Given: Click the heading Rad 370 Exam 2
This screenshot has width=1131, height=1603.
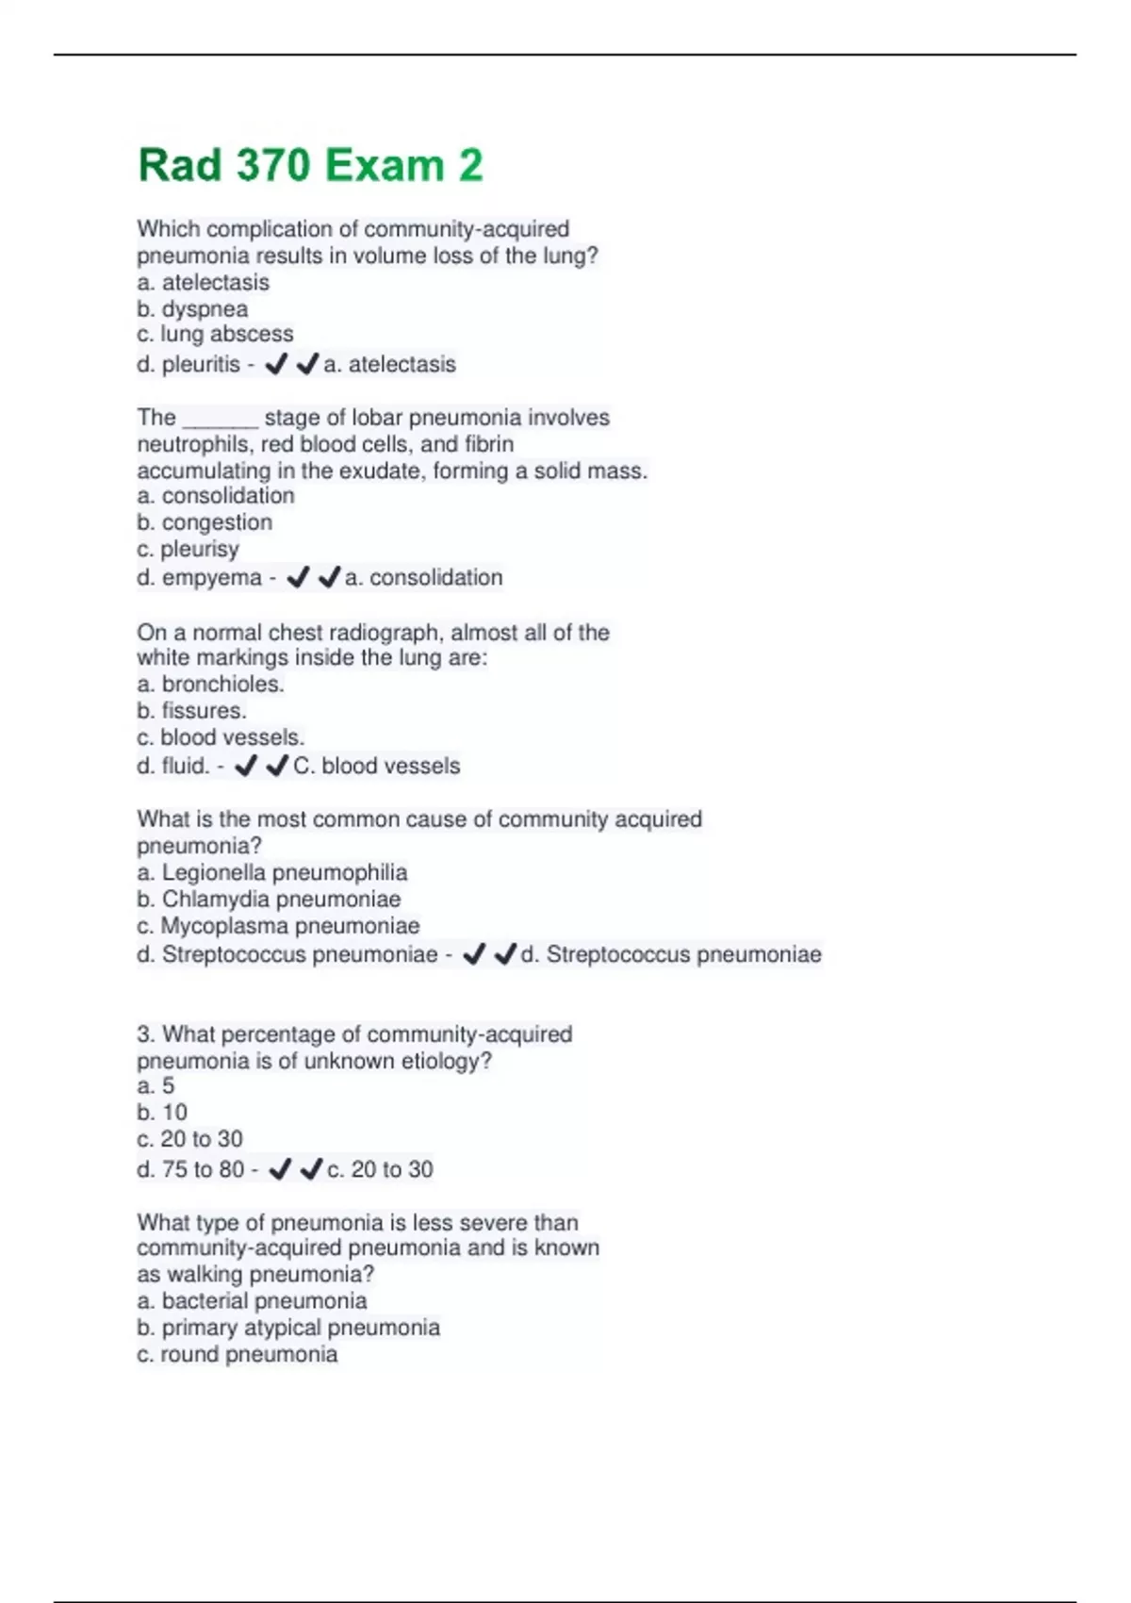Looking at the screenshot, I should click(x=310, y=166).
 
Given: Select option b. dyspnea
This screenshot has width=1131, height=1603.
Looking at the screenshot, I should click(x=192, y=309).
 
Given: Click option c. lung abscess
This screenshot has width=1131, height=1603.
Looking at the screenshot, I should click(x=215, y=334).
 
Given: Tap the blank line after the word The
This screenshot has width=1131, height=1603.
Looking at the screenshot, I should click(x=220, y=419).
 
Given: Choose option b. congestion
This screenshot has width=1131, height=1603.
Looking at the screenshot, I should click(x=205, y=522).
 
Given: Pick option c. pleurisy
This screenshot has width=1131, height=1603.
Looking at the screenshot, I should click(x=188, y=549).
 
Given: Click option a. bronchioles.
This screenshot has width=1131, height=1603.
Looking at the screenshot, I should click(x=210, y=685).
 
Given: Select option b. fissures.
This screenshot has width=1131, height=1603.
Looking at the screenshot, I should click(x=191, y=711).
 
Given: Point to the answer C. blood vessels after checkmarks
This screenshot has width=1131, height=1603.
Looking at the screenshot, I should click(x=376, y=766).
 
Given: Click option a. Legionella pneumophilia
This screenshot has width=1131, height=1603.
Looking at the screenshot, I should click(x=271, y=873).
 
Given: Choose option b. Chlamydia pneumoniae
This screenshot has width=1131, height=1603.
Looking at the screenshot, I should click(x=269, y=900).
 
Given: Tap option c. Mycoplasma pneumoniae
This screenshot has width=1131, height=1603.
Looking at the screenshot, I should click(x=278, y=926).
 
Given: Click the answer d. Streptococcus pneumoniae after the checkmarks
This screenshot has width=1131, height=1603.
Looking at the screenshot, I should click(x=670, y=954).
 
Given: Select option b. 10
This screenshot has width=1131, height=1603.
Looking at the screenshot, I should click(x=162, y=1113).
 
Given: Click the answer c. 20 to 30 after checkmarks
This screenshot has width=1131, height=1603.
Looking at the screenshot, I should click(x=380, y=1169).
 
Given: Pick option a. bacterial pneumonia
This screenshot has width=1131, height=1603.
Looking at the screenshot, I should click(x=252, y=1301).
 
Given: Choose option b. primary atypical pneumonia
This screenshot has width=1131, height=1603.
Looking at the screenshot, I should click(x=288, y=1328).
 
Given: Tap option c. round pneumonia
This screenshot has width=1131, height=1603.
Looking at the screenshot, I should click(x=237, y=1354).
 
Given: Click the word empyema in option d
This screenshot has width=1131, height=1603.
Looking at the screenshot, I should click(x=211, y=577).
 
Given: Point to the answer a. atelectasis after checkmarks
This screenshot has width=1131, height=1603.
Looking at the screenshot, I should click(x=389, y=364).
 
